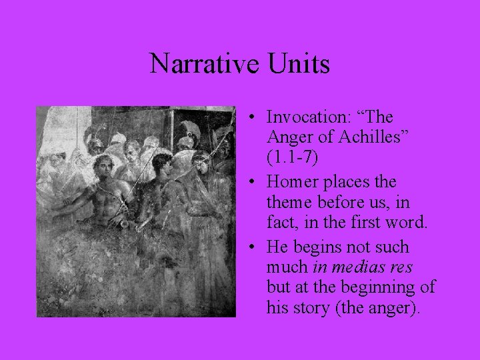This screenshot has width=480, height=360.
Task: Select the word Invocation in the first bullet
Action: [305, 117]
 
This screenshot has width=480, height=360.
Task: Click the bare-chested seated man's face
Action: [104, 166]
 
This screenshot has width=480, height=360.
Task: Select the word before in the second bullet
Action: [347, 203]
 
